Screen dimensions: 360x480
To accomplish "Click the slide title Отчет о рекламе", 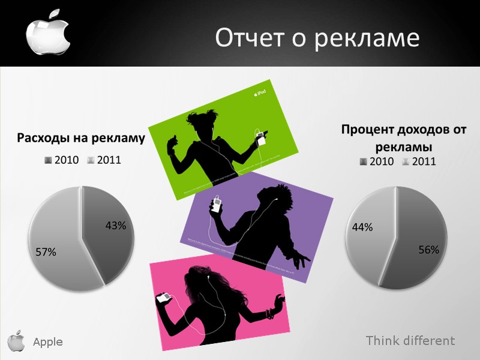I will click(x=317, y=38).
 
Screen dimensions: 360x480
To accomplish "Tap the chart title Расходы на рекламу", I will click(x=81, y=139).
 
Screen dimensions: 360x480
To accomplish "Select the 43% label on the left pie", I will click(x=115, y=226).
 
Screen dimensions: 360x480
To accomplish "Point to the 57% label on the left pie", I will click(x=46, y=253).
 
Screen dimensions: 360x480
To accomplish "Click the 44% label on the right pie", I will click(x=362, y=227).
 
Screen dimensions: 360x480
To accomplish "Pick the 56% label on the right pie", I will click(x=428, y=250).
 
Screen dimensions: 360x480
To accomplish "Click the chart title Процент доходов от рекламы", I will click(x=404, y=138).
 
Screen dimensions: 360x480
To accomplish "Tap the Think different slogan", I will click(x=410, y=341).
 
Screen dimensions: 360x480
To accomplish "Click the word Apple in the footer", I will click(x=47, y=342).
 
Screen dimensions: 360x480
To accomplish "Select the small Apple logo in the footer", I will click(x=16, y=340).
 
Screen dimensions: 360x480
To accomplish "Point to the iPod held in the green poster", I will click(x=261, y=139).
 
